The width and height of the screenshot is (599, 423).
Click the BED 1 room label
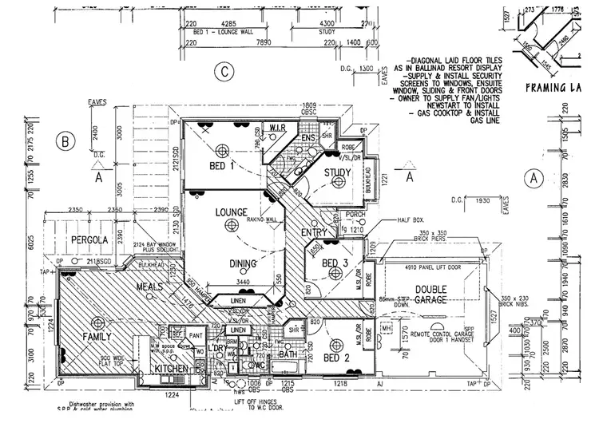tap(221, 166)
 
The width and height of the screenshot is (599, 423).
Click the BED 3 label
tap(334, 264)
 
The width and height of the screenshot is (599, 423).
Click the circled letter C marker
tap(226, 73)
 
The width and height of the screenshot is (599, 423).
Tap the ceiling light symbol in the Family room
tap(97, 323)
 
